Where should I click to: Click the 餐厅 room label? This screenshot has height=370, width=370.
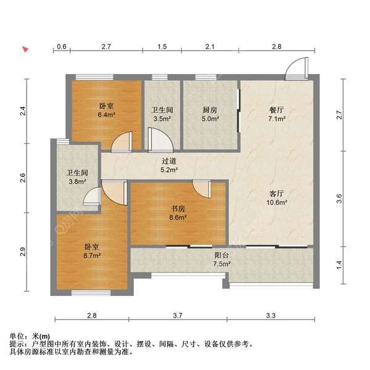pos(276,110)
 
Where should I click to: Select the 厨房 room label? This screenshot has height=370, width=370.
pos(210,110)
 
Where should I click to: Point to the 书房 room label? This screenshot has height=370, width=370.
pos(178,208)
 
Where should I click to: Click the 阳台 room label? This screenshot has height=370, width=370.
pos(222,255)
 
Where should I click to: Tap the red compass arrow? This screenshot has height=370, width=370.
pos(25,49)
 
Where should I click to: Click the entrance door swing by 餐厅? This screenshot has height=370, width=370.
pos(296,68)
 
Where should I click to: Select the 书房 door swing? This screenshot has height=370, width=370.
pos(202,189)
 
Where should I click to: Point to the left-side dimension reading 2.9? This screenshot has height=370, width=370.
pos(22,252)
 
